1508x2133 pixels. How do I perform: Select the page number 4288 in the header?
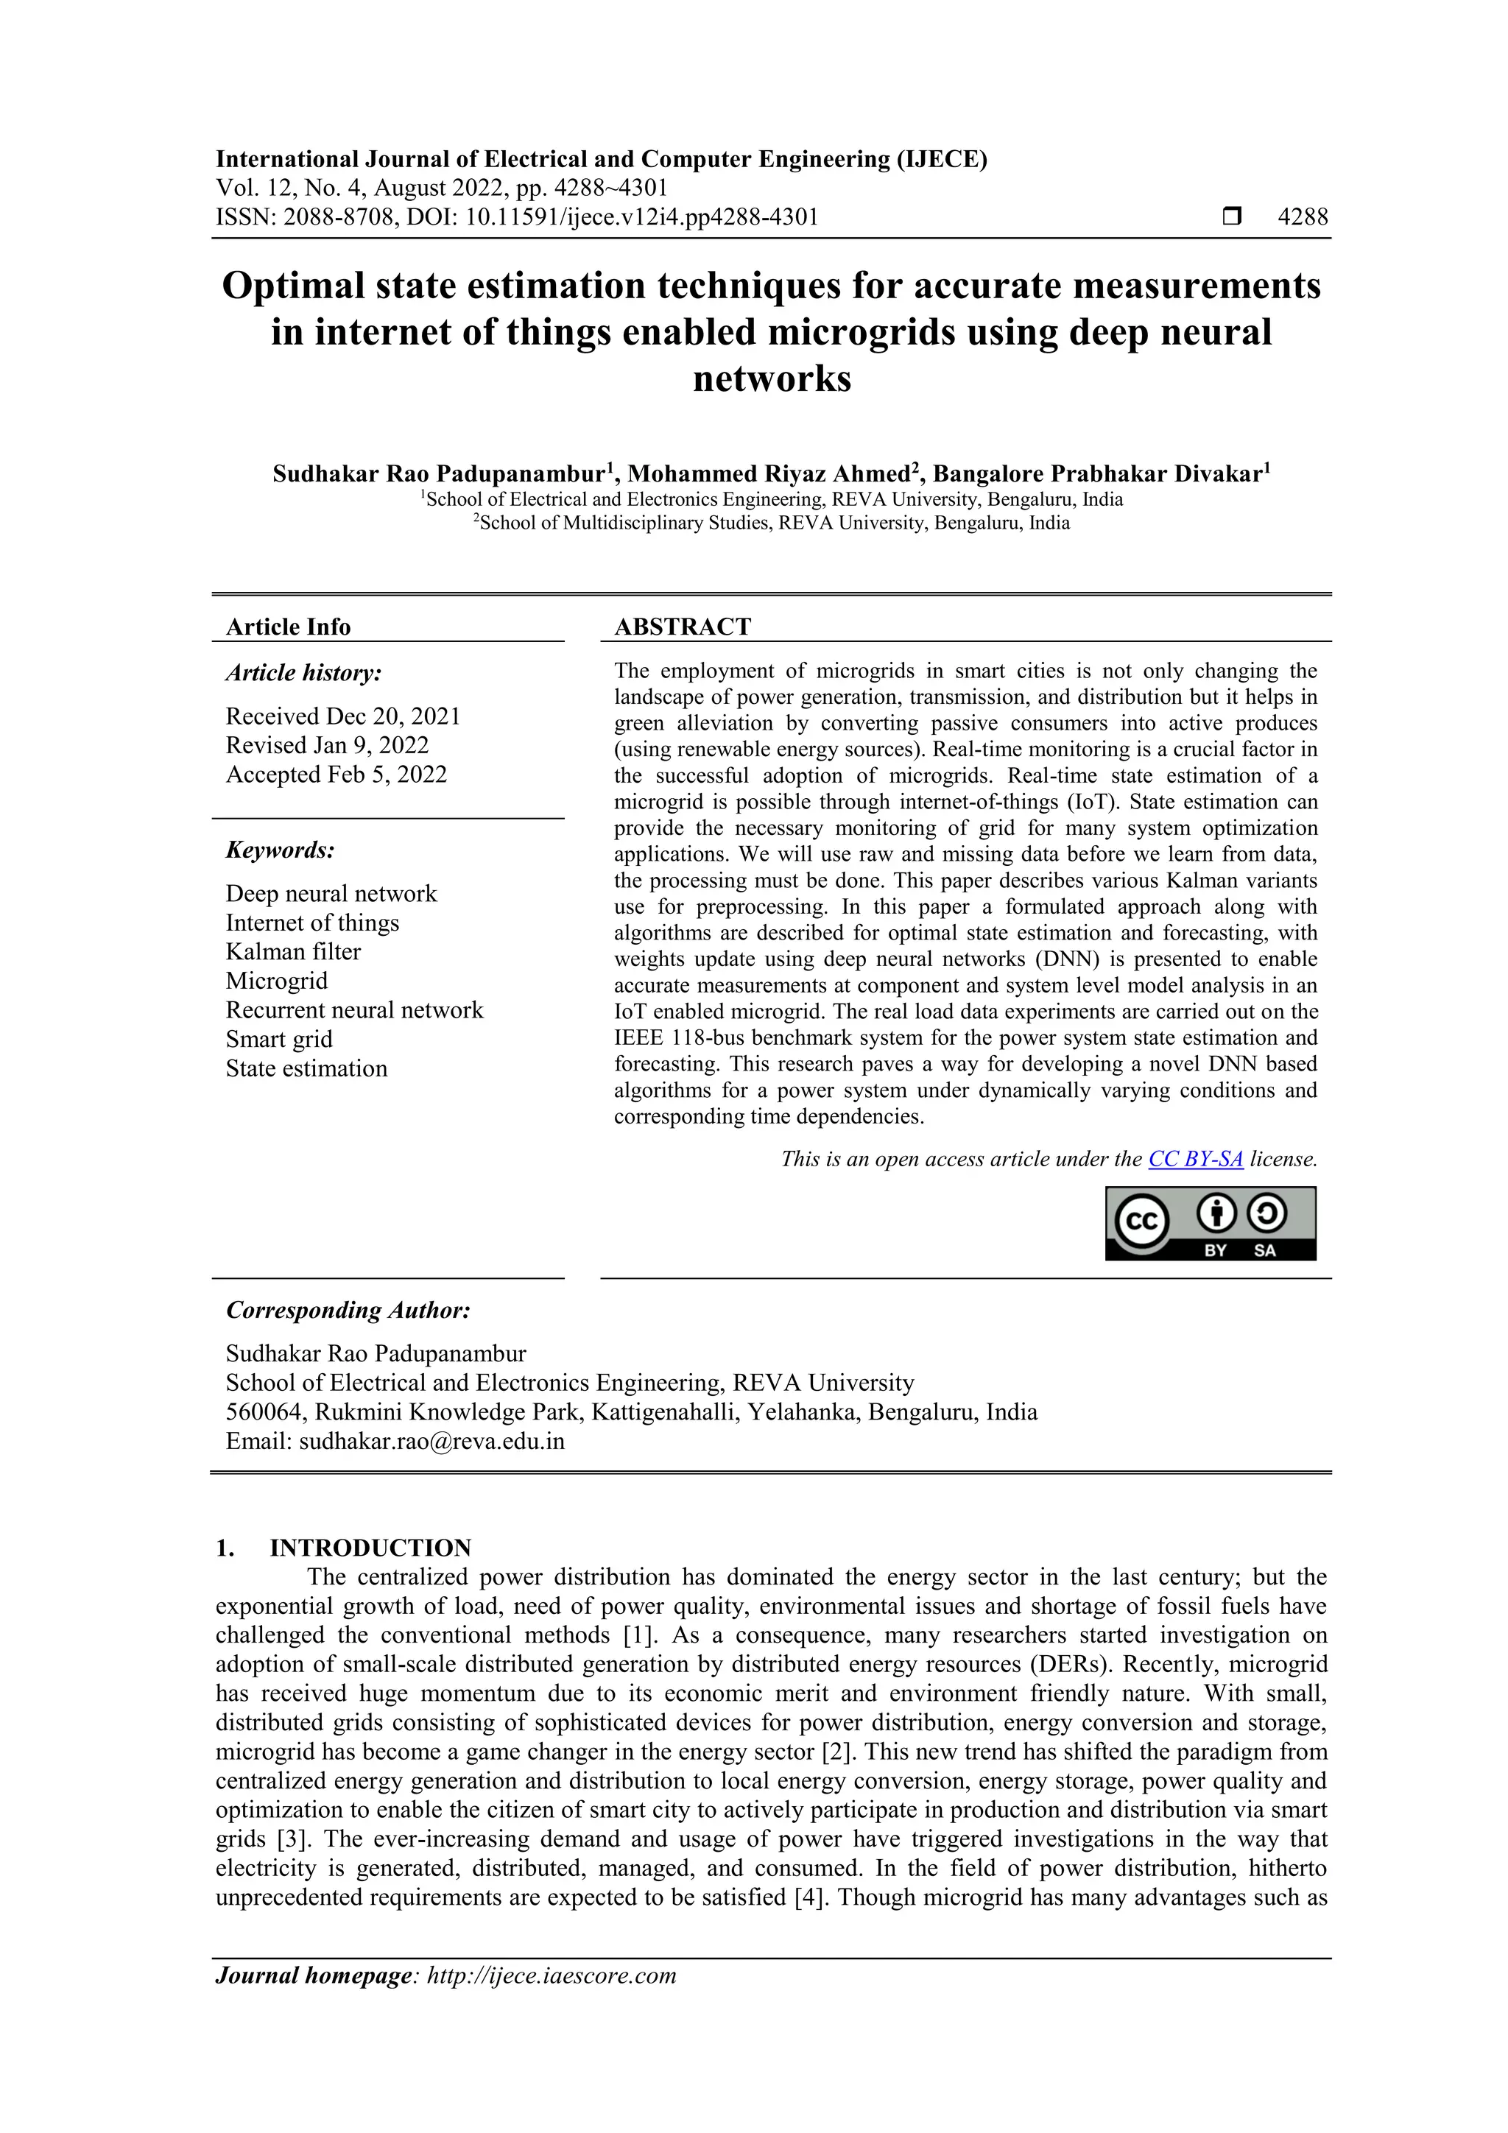point(1303,217)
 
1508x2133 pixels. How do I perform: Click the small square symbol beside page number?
point(1232,217)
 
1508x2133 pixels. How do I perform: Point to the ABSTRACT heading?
point(682,627)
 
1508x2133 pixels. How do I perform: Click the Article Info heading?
point(288,627)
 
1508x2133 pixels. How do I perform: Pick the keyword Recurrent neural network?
point(354,1010)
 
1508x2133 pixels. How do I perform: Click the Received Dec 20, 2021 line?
point(343,716)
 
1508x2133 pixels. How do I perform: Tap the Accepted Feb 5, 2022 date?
point(337,775)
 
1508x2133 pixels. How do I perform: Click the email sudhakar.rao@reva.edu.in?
point(431,1441)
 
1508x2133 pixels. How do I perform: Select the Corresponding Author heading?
point(348,1310)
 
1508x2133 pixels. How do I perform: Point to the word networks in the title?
point(771,379)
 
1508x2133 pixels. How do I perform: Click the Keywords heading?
point(280,850)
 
